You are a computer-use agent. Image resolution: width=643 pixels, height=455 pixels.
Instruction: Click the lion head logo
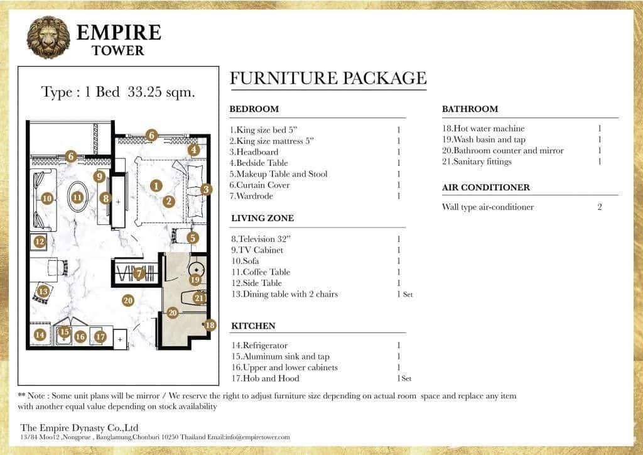tap(48, 38)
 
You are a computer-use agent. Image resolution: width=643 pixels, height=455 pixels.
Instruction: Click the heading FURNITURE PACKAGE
tap(328, 79)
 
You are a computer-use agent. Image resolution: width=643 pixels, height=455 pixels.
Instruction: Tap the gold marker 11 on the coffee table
tap(77, 197)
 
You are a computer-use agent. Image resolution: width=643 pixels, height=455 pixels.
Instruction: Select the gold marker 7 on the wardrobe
tap(139, 273)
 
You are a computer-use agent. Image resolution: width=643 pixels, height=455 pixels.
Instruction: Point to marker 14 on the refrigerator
tap(40, 335)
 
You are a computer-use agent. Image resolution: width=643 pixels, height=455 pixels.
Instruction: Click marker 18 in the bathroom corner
tap(210, 325)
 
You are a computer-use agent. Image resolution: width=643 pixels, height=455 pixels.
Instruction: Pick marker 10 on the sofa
tap(46, 198)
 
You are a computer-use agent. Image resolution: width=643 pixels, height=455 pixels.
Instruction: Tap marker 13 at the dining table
tap(43, 292)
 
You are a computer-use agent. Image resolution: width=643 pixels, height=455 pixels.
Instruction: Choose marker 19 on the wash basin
tap(195, 279)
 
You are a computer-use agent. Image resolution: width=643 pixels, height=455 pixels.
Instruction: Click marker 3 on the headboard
tap(206, 189)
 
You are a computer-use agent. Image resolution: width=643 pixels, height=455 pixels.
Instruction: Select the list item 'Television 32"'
tap(259, 239)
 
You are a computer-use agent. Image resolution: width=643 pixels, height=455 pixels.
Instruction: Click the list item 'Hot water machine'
tap(483, 129)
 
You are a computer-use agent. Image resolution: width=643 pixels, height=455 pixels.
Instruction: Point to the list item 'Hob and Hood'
tap(265, 378)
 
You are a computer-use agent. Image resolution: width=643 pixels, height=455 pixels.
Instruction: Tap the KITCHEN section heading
tap(253, 326)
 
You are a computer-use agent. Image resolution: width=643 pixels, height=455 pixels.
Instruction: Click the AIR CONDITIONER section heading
tap(485, 187)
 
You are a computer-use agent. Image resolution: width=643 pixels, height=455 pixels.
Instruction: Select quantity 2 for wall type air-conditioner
tap(600, 207)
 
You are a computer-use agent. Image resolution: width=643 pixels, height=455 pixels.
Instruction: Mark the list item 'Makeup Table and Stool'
tap(278, 174)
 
